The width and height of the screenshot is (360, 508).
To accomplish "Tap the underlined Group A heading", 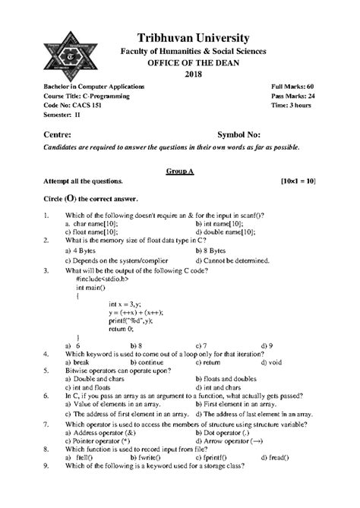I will [x=180, y=172].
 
